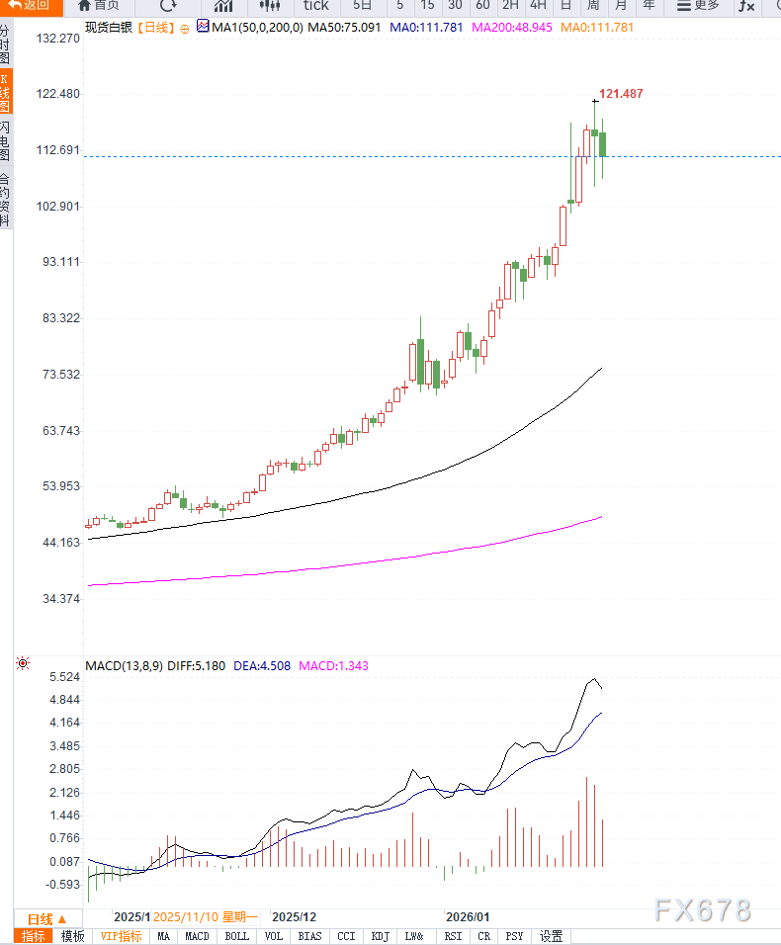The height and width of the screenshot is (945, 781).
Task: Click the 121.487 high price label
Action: pos(621,94)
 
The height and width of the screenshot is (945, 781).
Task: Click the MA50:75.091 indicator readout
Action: pos(344,27)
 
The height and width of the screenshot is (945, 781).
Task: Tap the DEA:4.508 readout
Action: pos(262,666)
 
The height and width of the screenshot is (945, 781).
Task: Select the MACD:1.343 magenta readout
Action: pos(333,666)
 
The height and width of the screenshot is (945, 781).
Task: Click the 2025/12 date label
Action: pos(294,917)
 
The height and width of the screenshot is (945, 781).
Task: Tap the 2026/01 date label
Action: pos(468,917)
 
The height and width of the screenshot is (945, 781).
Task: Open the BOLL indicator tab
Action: pos(237,936)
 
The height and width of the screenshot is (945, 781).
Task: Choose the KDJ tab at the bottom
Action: pos(381,936)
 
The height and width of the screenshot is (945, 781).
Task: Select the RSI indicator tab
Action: pos(453,936)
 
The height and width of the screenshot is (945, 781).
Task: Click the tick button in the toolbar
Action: pos(315,6)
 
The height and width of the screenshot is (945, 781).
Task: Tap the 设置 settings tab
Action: pos(551,936)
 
